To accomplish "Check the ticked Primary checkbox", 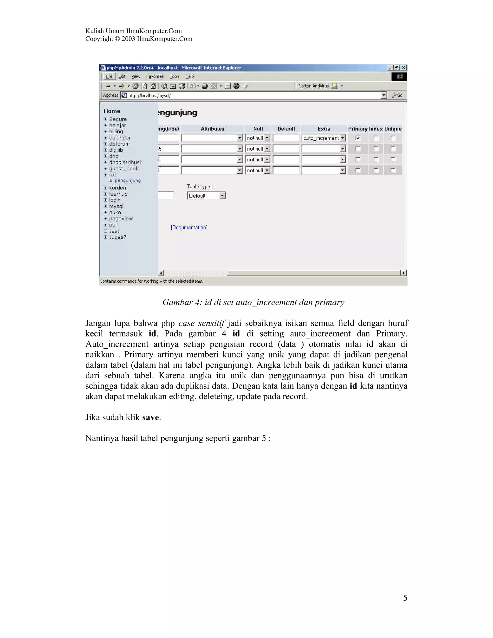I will [x=357, y=138].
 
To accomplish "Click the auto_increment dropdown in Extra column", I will [x=324, y=138].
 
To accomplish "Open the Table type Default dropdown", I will [x=206, y=196].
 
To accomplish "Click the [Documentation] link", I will [x=189, y=227].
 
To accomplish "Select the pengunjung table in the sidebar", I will [x=128, y=181].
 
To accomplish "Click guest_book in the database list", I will [x=123, y=169].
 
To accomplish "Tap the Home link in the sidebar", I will [x=112, y=111].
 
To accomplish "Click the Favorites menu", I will [x=155, y=76].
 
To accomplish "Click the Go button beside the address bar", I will [x=397, y=95].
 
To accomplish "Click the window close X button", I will [x=404, y=68].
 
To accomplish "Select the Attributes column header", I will [x=212, y=129].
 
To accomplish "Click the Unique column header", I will [x=393, y=129].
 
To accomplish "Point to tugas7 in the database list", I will [x=118, y=237].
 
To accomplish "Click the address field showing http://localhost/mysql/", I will [x=251, y=95].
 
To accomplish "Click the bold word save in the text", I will [x=150, y=417].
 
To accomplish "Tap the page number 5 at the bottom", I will [x=405, y=598].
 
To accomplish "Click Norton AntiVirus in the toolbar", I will [x=313, y=86].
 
